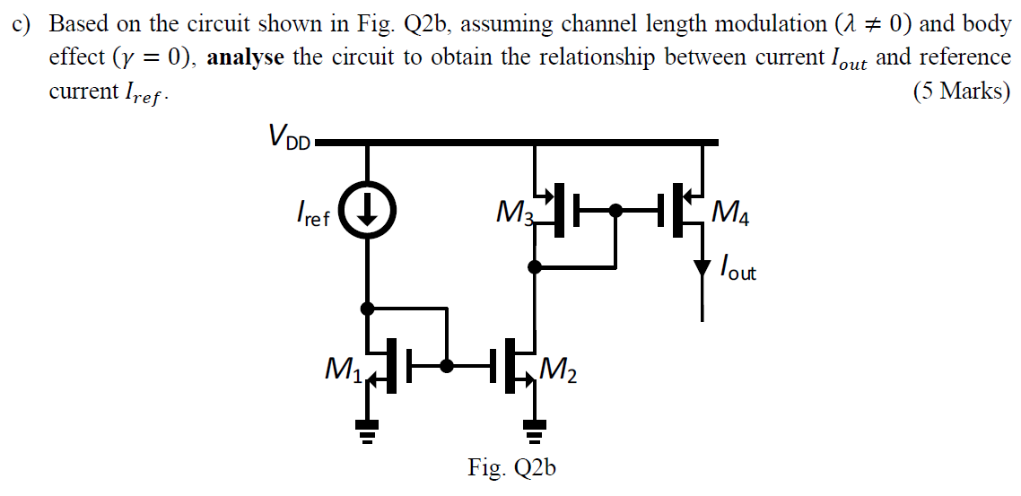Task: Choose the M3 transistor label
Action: click(514, 214)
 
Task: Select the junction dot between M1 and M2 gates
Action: click(446, 365)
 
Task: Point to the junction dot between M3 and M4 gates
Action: click(615, 212)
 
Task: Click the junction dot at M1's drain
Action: click(367, 309)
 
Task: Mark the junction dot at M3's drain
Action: click(535, 266)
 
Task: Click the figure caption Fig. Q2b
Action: click(511, 468)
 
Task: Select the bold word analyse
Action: click(246, 57)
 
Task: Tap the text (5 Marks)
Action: click(961, 91)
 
